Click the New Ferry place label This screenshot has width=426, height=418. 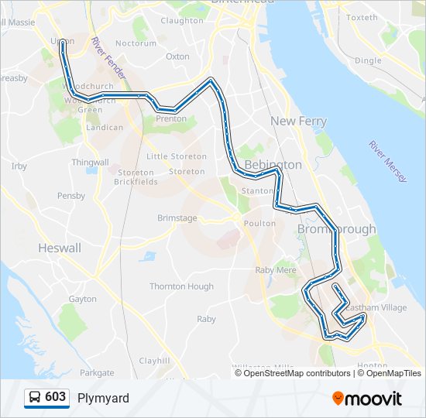(x=298, y=122)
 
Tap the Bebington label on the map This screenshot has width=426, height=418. (x=273, y=165)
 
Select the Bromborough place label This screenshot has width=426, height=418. (x=336, y=229)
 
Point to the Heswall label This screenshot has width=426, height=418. (x=60, y=248)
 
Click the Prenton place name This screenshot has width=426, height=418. (x=171, y=119)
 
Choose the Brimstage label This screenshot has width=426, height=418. (x=177, y=218)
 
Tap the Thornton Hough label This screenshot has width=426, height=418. (x=181, y=286)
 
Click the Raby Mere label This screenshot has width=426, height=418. (x=276, y=270)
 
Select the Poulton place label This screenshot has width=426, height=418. (x=259, y=223)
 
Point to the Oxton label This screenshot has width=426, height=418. (x=177, y=57)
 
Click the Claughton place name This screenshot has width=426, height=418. (x=181, y=21)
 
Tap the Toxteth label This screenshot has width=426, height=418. (x=362, y=17)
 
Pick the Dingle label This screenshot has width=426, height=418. (x=368, y=60)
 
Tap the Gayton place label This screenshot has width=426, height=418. (x=83, y=299)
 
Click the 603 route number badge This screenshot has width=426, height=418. (x=46, y=397)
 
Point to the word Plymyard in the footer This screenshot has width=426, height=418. (x=103, y=398)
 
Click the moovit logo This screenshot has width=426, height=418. (x=367, y=399)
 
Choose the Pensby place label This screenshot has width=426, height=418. (x=71, y=196)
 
